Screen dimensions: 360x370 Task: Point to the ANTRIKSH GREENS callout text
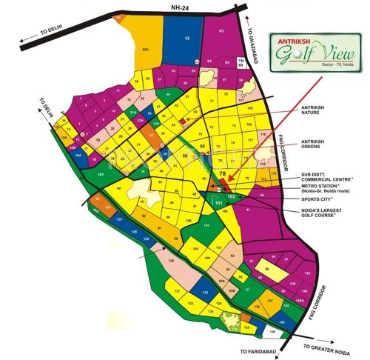(313, 145)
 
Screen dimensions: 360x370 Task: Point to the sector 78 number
(222, 173)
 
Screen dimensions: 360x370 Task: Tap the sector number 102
(232, 197)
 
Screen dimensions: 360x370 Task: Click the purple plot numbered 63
(221, 30)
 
